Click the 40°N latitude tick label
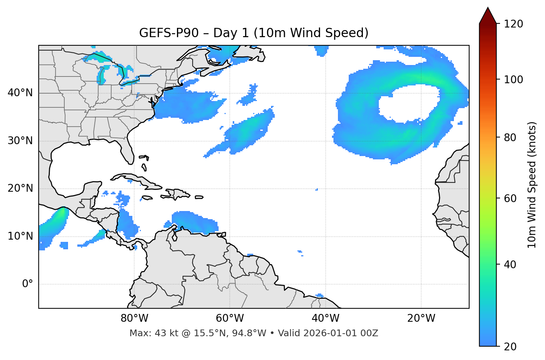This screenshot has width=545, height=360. (20, 93)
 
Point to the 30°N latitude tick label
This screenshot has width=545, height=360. (20, 141)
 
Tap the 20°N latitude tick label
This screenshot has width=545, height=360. (20, 188)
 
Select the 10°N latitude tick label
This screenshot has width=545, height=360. (20, 236)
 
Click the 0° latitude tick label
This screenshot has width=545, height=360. (28, 284)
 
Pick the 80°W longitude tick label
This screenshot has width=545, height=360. (134, 318)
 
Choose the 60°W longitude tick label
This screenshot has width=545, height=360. (230, 318)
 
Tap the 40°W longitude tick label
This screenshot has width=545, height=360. (325, 318)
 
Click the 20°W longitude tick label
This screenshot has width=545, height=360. (421, 318)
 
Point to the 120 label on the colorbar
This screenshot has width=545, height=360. (513, 24)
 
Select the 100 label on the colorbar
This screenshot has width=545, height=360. (513, 80)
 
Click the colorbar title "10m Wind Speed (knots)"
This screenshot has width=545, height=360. (532, 185)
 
